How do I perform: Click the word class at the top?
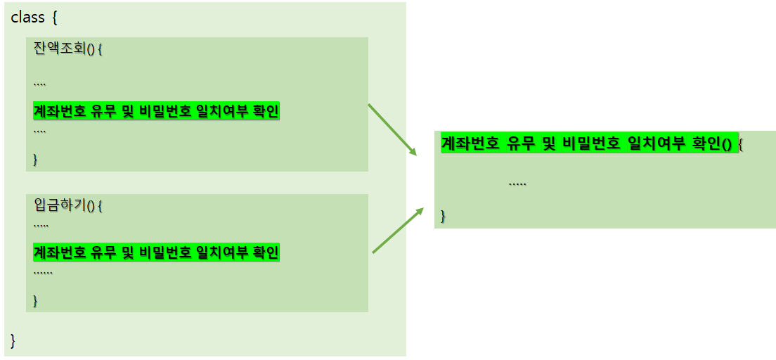28,17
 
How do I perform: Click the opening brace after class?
56,17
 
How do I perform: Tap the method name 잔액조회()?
64,49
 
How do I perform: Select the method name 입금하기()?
64,206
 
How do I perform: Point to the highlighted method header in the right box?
587,143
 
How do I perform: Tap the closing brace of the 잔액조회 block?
36,159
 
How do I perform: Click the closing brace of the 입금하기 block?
36,300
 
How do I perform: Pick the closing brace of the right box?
444,215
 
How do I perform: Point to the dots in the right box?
517,184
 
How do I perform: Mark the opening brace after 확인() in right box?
741,144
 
